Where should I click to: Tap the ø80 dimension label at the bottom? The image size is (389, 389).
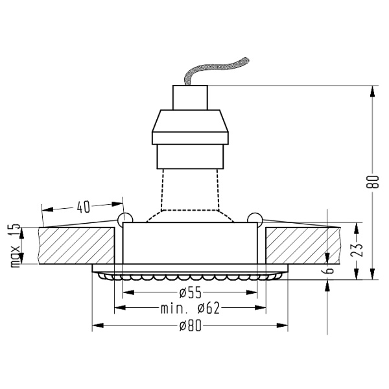[191, 325]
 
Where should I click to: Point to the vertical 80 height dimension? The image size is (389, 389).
[372, 183]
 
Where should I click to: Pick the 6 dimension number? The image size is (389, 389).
[329, 269]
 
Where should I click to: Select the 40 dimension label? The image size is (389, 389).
[83, 207]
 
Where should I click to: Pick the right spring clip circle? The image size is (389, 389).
[255, 218]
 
